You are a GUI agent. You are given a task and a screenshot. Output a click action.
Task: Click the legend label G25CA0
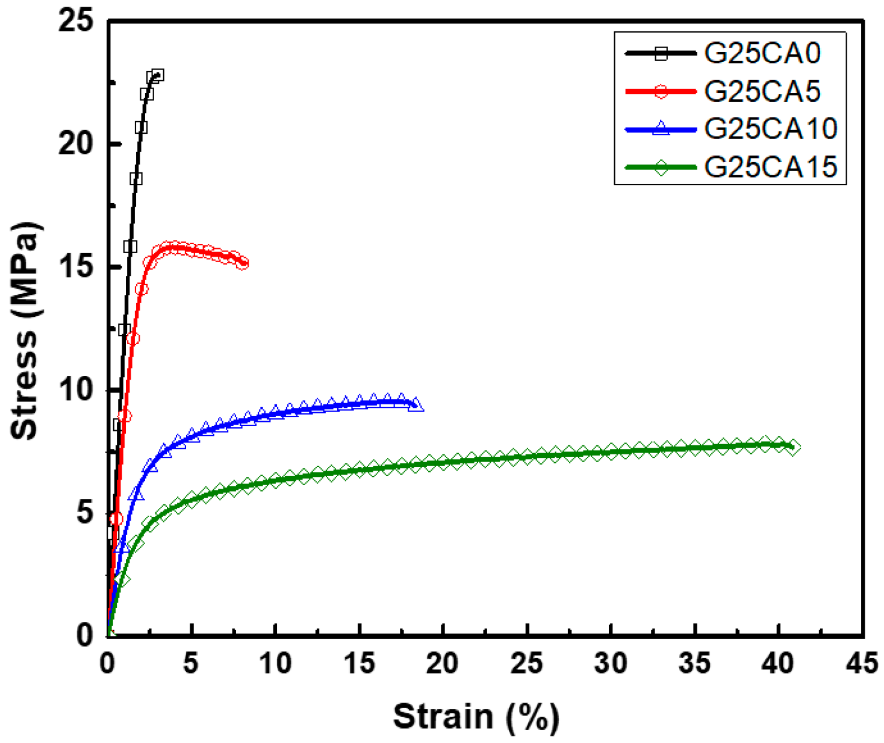click(762, 54)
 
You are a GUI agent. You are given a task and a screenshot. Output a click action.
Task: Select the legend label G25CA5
click(762, 92)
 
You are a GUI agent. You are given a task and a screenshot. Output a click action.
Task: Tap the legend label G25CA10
click(770, 128)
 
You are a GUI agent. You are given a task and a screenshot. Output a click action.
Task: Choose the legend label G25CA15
click(770, 166)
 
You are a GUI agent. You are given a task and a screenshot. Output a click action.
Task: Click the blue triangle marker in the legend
click(661, 128)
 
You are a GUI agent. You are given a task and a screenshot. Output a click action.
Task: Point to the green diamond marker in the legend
click(661, 167)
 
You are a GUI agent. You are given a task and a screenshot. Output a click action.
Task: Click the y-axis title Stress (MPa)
click(25, 331)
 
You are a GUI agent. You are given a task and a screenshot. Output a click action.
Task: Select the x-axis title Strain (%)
click(476, 717)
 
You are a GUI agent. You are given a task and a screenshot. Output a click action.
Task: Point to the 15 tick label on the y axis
click(76, 267)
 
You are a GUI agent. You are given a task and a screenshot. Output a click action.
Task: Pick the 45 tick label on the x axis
click(862, 663)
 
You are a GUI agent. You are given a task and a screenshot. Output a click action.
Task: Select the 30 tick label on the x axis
click(611, 663)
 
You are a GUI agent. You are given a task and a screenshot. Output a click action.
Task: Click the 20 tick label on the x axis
click(443, 663)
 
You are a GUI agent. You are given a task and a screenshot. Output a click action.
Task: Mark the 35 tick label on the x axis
click(694, 663)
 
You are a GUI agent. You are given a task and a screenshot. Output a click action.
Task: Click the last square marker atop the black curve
click(158, 75)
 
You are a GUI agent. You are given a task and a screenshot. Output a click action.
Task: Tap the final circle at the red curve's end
click(242, 263)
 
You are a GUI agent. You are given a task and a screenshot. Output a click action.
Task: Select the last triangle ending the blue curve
click(416, 405)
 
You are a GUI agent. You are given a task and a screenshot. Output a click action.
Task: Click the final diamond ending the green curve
click(794, 447)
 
